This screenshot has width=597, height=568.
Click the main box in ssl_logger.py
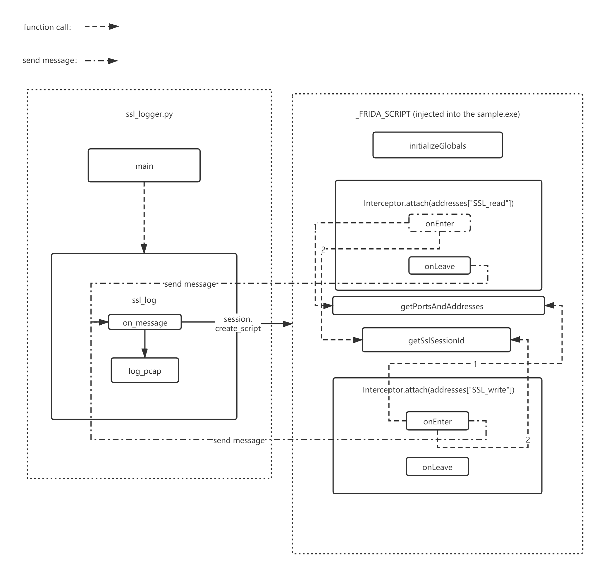point(144,165)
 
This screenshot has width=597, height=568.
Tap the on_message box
point(145,322)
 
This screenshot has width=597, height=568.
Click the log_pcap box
point(145,370)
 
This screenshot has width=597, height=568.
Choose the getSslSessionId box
point(436,340)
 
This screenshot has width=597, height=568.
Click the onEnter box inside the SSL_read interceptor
point(439,223)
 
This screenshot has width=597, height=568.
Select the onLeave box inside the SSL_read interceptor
point(439,266)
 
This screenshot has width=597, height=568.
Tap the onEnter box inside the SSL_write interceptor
point(437,421)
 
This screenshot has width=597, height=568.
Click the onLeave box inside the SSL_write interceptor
point(437,467)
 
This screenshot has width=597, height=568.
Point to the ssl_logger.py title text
point(149,114)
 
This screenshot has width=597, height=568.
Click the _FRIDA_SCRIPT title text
point(438,114)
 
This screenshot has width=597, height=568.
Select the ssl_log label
point(144,300)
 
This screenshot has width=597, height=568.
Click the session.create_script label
point(238,324)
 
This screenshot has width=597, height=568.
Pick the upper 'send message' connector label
point(190,284)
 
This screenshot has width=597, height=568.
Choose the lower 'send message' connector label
point(239,440)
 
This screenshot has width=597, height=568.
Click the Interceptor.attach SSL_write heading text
point(438,390)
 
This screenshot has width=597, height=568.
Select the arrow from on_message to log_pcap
point(145,344)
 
